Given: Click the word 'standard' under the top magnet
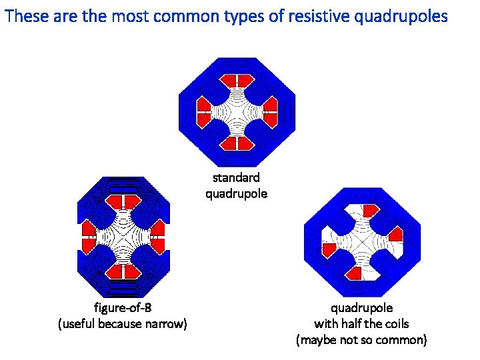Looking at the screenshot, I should tap(236, 178).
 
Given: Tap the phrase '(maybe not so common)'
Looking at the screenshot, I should tap(361, 340).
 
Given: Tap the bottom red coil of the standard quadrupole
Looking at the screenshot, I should tap(237, 143).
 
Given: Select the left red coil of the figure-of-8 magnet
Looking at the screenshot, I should tap(87, 234).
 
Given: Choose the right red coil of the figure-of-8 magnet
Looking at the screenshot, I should tap(157, 233).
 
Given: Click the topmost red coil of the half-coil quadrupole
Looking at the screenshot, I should tap(371, 211).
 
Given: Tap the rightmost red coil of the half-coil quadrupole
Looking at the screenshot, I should tap(395, 233).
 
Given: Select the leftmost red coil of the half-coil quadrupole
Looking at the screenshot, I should tap(329, 249).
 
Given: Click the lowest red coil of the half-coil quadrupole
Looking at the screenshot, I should tap(355, 273).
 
